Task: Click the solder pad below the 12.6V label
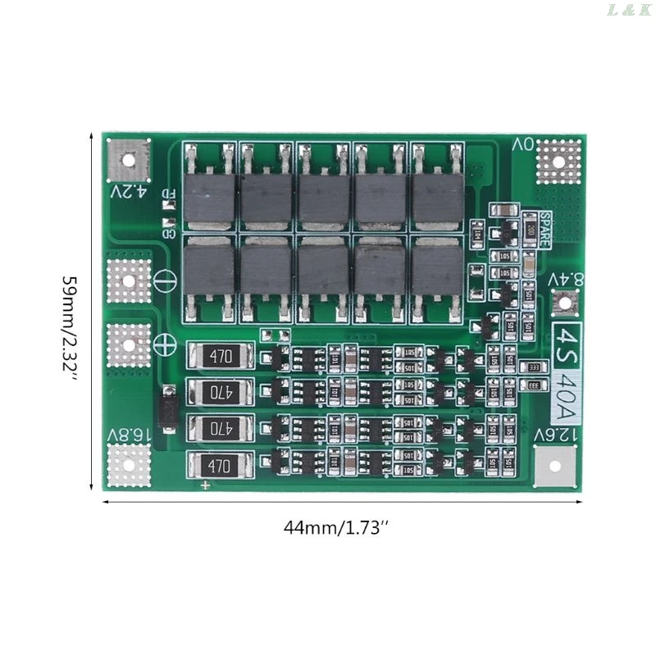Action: (x=557, y=470)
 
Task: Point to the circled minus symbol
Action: (x=164, y=279)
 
